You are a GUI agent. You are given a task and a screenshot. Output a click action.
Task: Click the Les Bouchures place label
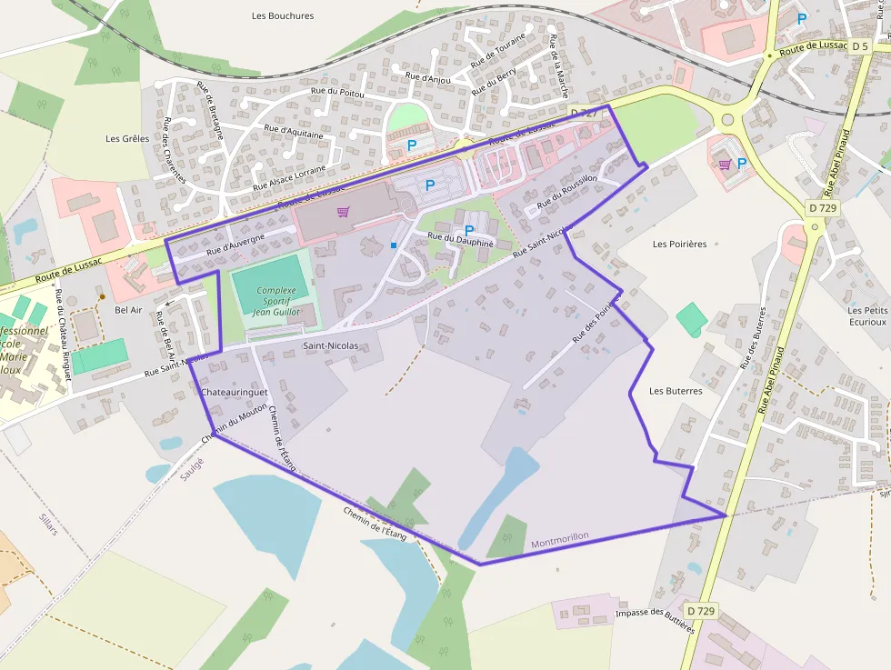[283, 15]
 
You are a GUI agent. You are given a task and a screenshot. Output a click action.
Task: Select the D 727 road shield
[585, 112]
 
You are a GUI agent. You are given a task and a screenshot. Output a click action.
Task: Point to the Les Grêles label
[127, 139]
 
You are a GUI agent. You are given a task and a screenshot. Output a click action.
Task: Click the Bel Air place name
[128, 310]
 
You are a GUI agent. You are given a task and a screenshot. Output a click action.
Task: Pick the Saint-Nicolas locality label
[330, 346]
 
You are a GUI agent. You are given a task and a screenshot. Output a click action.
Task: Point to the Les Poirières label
[680, 244]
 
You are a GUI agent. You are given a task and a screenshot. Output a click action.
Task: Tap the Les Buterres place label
[676, 391]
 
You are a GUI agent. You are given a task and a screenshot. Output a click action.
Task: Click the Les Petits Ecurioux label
[866, 315]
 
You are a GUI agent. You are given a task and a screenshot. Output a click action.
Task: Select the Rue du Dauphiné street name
[460, 240]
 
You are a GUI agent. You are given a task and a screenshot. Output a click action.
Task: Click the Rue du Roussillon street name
[567, 191]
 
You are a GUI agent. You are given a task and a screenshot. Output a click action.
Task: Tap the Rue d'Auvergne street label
[235, 244]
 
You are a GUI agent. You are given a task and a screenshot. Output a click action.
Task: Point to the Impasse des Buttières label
[655, 620]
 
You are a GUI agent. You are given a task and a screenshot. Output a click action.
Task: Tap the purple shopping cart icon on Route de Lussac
[343, 212]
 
